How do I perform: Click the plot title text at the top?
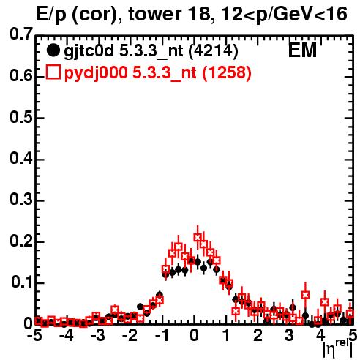coord(192,15)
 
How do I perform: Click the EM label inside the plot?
coord(302,50)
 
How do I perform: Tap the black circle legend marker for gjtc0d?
coord(53,50)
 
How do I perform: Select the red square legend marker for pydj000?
coord(53,72)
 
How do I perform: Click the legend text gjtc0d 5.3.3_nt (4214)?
coord(151,51)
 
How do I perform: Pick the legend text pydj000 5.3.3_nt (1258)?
coord(158,73)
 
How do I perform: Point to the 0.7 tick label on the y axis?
coord(21,34)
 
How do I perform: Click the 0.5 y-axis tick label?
coord(21,117)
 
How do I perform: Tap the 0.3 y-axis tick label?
coord(21,200)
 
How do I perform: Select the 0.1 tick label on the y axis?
coord(22,282)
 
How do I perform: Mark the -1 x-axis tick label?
coord(162,336)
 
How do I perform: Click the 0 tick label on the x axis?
coord(194,336)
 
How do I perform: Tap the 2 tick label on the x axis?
coord(258,336)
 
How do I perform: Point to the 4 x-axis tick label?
coord(321,336)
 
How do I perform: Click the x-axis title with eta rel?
coord(338,349)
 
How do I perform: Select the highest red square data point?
coord(198,237)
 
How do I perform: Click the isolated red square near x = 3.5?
coord(305,295)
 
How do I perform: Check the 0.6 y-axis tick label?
coord(21,76)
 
